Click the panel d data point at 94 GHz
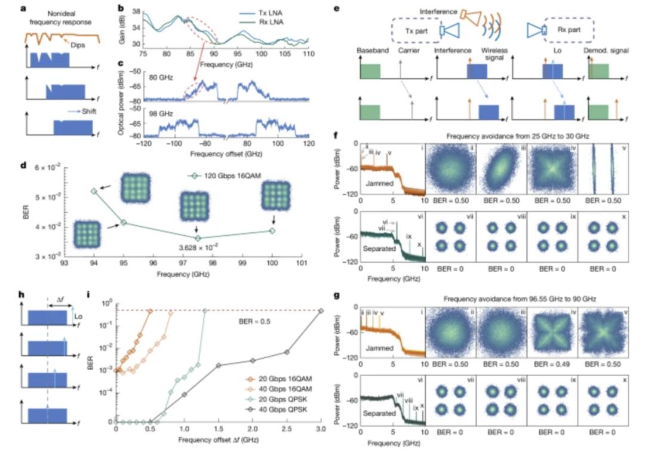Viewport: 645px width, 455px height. [x=93, y=191]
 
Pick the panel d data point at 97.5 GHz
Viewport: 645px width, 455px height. [x=198, y=238]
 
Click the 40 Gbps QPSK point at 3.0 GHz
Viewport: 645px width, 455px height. [x=321, y=310]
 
